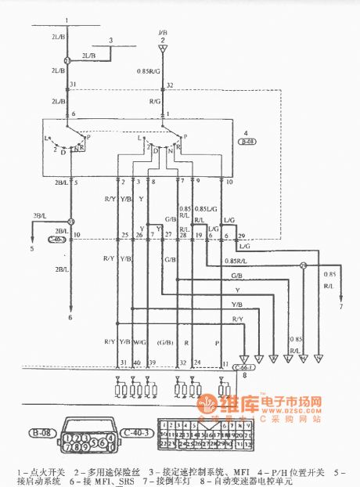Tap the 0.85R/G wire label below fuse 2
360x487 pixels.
tap(150, 71)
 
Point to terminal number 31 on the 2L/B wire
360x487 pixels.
tap(74, 85)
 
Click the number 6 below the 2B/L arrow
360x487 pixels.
tap(69, 318)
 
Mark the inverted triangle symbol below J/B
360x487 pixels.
tap(164, 49)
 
